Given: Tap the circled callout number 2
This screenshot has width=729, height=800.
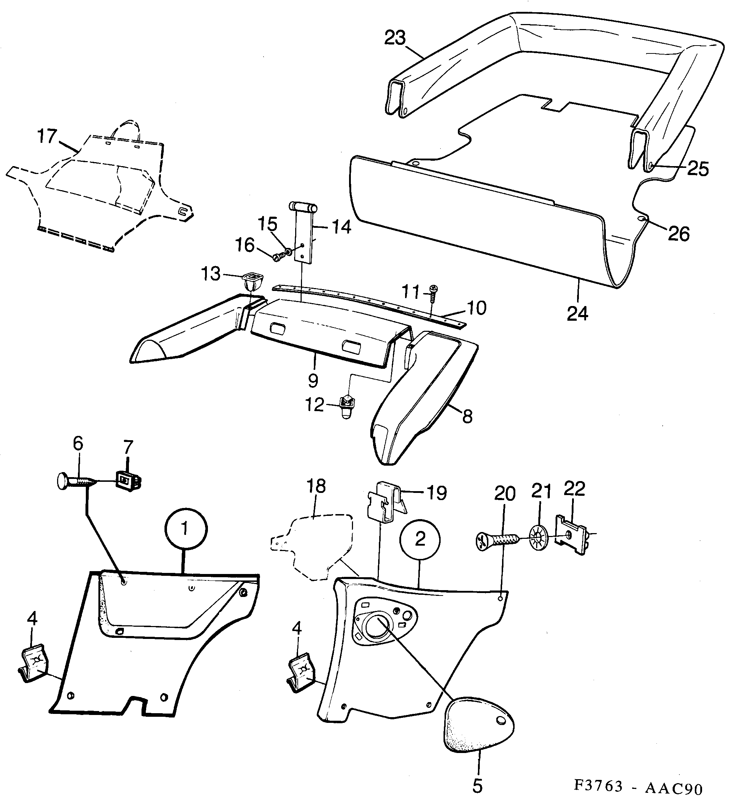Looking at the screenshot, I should tap(420, 538).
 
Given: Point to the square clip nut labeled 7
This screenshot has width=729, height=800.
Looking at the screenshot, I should tap(127, 482).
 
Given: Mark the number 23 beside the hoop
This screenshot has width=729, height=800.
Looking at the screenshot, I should tap(395, 38).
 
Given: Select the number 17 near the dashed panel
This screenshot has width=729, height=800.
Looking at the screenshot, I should tap(47, 137).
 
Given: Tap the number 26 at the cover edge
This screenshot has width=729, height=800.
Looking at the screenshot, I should tap(678, 234).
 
